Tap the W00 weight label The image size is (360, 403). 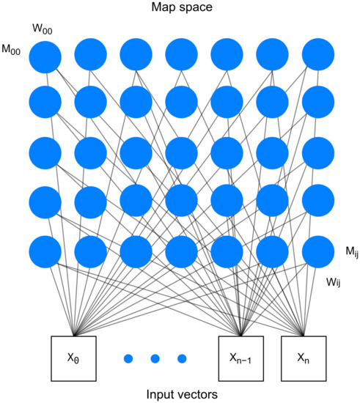(x=43, y=29)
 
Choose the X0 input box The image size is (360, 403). (x=75, y=359)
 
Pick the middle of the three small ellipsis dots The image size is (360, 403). (x=155, y=359)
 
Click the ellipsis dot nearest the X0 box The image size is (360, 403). (x=128, y=359)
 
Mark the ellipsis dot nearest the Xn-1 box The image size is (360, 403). (x=182, y=359)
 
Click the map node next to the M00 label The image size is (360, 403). (x=45, y=56)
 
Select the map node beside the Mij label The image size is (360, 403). (x=317, y=251)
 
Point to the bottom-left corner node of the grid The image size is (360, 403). (x=45, y=251)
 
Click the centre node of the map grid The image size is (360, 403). (x=181, y=153)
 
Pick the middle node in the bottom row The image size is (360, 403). (x=181, y=251)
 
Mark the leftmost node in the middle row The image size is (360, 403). (x=45, y=153)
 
